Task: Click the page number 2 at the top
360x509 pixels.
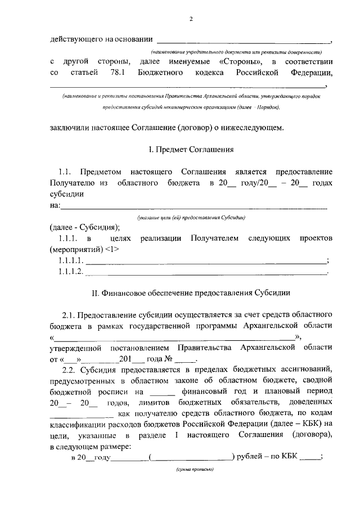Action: [x=191, y=19]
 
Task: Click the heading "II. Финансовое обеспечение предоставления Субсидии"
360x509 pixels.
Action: [x=191, y=293]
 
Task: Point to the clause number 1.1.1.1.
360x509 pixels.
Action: [x=71, y=260]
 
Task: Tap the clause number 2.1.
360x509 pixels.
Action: [x=69, y=314]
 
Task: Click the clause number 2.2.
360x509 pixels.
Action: [x=69, y=369]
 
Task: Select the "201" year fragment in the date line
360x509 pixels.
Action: [x=125, y=358]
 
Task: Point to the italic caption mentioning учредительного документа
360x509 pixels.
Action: [x=243, y=49]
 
